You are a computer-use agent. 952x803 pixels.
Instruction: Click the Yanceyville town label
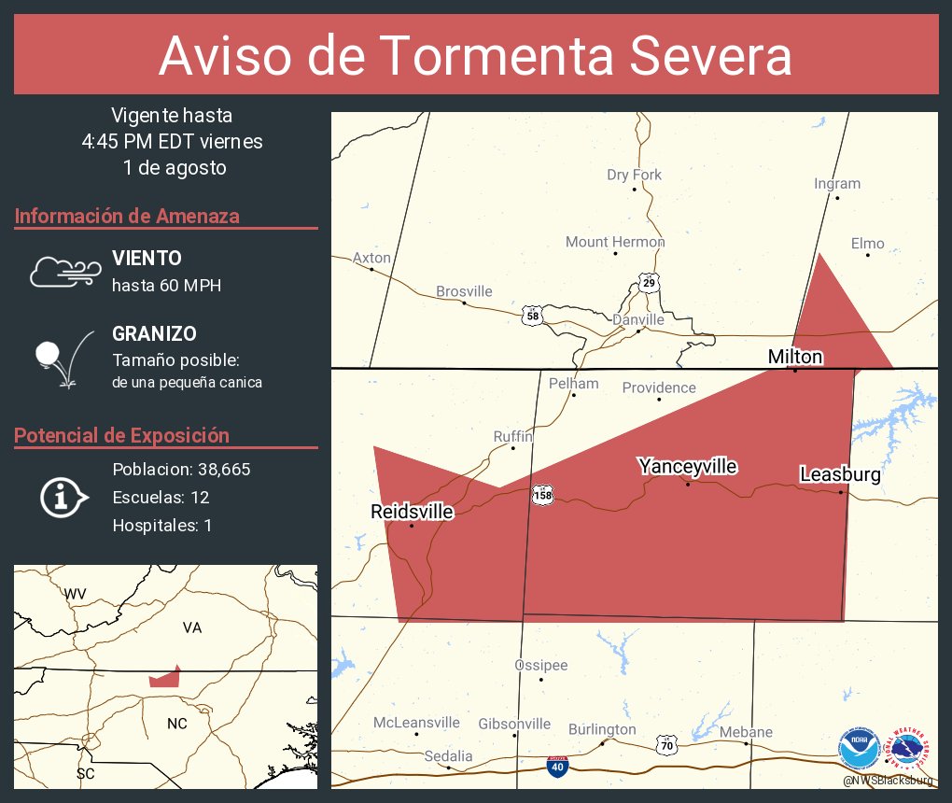[688, 466]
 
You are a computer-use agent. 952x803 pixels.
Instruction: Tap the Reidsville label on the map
[412, 512]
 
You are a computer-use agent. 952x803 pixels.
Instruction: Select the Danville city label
[637, 319]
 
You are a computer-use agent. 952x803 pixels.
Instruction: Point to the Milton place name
[795, 357]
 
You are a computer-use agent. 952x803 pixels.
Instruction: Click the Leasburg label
[840, 474]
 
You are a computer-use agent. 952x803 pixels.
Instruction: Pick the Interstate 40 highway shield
[557, 766]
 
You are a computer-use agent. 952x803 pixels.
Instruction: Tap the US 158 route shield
[542, 495]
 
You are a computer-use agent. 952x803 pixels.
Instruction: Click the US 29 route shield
[649, 282]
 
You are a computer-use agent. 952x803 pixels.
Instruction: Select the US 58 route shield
[532, 316]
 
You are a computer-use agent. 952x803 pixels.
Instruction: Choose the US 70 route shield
[665, 745]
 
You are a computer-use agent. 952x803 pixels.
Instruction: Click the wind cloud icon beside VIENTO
[63, 272]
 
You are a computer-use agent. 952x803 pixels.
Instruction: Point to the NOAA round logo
[859, 749]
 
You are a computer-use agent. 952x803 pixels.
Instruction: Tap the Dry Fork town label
[634, 175]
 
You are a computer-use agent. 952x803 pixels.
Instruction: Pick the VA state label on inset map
[192, 627]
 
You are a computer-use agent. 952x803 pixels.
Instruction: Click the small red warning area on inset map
[165, 678]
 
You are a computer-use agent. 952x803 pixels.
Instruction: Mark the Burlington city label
[602, 729]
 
